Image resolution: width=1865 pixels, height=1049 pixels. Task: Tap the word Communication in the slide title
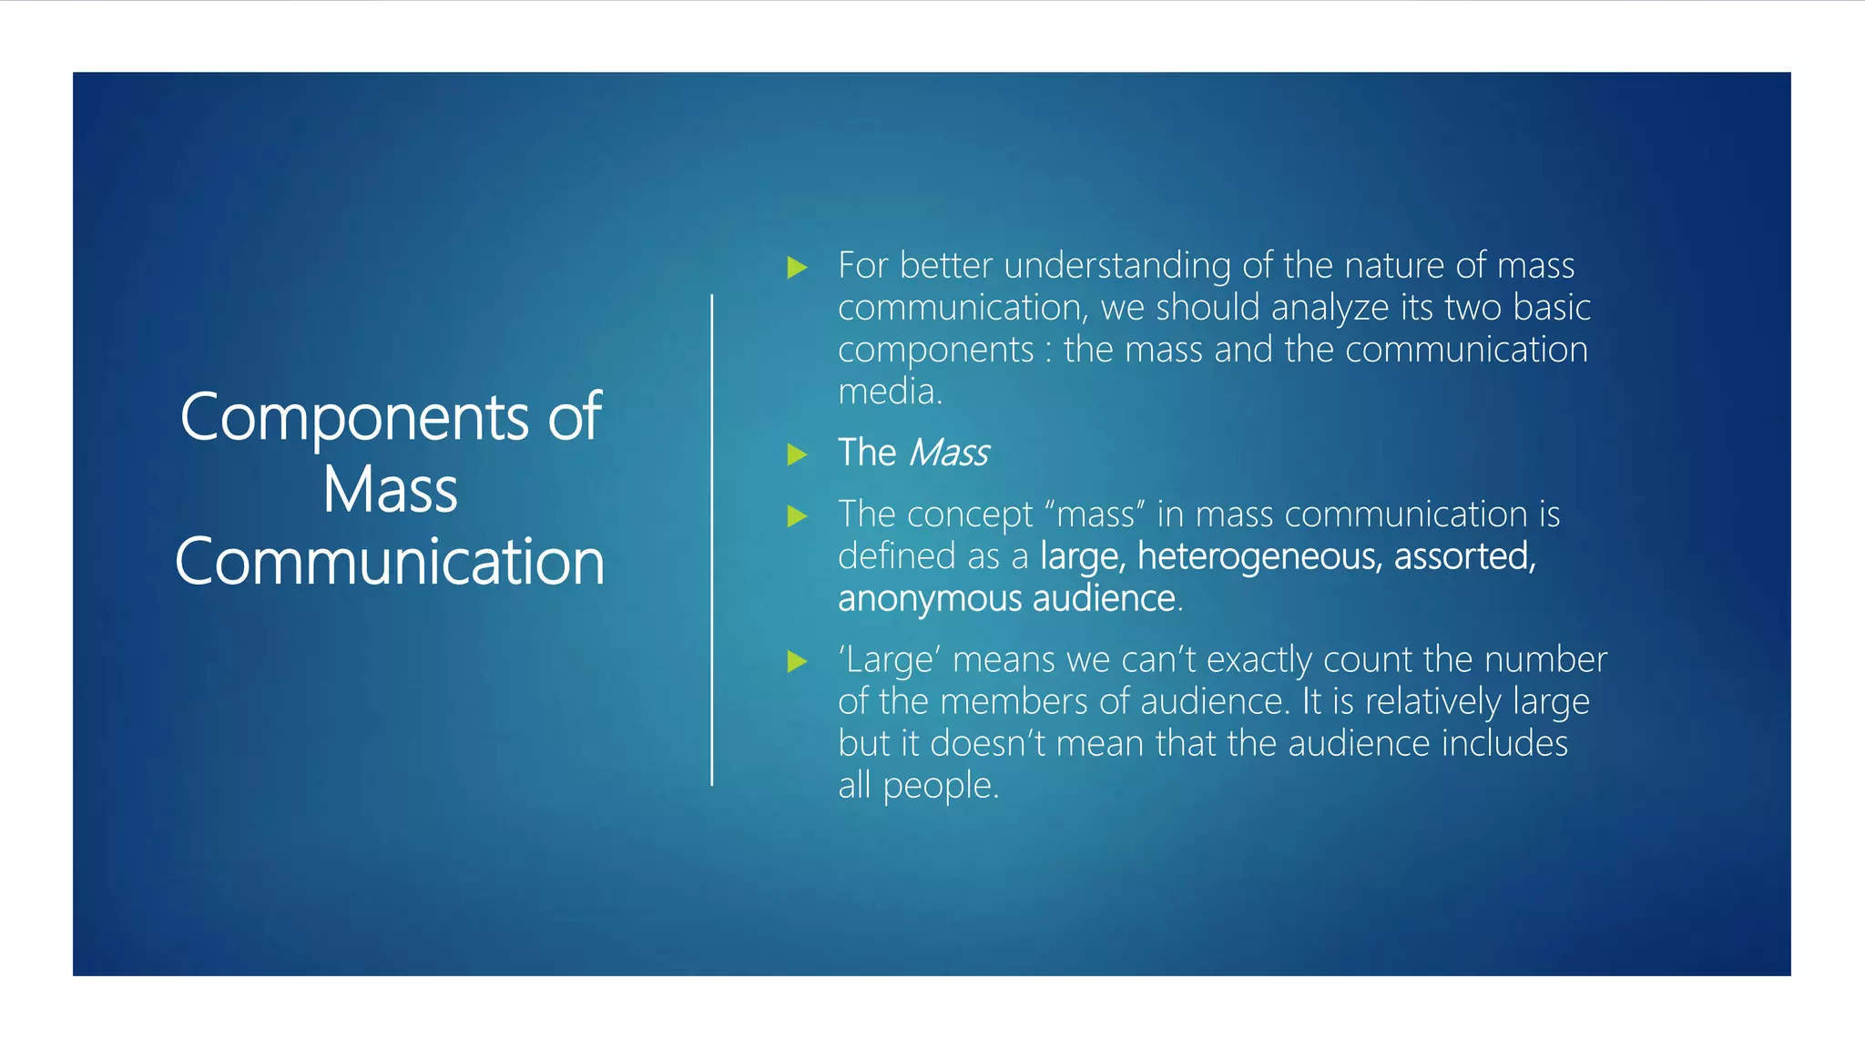(x=390, y=562)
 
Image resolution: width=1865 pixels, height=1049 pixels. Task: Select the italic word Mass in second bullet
(x=949, y=453)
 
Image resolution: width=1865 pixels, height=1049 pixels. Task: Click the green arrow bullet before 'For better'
(x=797, y=267)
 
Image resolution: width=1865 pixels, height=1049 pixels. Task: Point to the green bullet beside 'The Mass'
(x=797, y=453)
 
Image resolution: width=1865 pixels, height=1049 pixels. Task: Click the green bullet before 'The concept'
(x=797, y=516)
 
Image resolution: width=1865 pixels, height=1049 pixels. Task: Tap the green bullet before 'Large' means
(x=797, y=661)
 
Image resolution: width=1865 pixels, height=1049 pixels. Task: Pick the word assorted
(x=1464, y=556)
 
